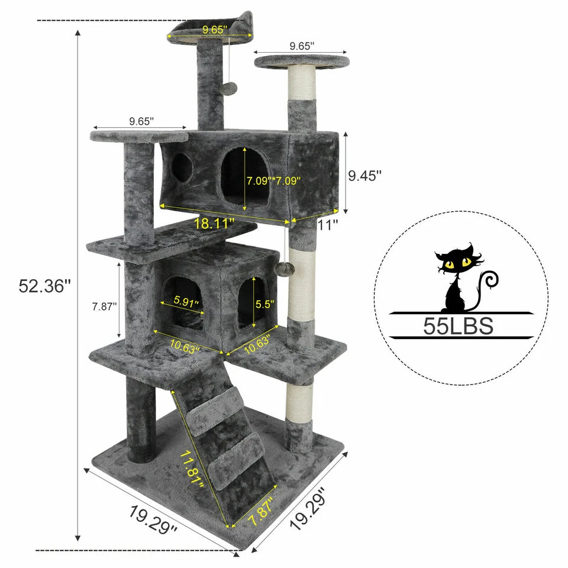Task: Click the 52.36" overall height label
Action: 45,286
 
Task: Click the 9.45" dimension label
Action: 363,176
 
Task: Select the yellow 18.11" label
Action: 214,224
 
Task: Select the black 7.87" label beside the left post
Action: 104,306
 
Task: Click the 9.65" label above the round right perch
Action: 302,46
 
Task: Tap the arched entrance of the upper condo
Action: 244,175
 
